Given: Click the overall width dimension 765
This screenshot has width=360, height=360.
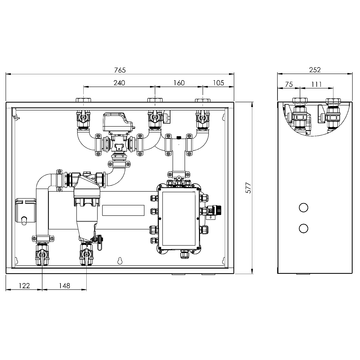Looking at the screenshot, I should [120, 69].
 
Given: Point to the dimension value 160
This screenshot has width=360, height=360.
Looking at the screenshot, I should [178, 84].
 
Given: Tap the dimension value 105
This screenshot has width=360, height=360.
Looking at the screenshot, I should [217, 84].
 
